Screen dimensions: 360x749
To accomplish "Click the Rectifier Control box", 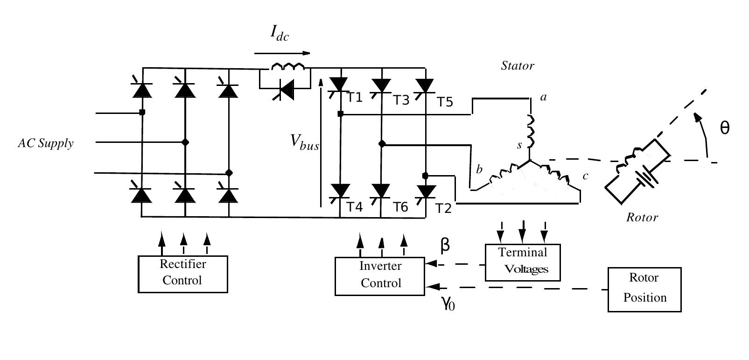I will click(182, 274).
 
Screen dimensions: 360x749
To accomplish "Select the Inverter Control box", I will click(380, 275).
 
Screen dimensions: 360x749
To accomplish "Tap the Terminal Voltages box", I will click(522, 262).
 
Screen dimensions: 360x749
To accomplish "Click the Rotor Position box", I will click(644, 289).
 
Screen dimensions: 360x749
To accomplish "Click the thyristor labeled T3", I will click(381, 85).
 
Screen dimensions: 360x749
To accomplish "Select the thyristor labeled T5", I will click(425, 85).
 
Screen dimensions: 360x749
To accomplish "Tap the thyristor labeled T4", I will click(340, 191).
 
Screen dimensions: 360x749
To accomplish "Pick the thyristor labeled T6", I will click(381, 191).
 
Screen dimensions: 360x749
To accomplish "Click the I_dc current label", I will click(280, 34).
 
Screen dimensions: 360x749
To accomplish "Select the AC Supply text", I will click(46, 143).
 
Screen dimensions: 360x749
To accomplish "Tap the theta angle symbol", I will click(724, 128).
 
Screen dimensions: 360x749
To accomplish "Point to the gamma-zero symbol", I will click(448, 304).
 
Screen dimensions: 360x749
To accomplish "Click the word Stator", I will click(517, 66).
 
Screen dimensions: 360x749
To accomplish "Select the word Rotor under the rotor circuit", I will click(642, 218).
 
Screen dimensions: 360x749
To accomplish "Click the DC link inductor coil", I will click(287, 66).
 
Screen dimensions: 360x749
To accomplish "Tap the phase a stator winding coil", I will click(531, 131).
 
